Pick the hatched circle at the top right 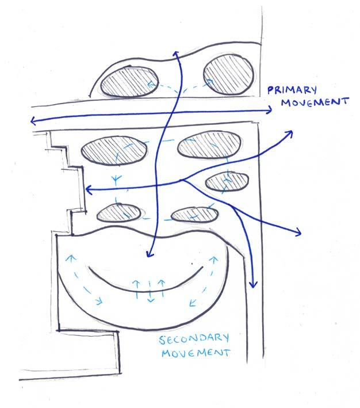pyautogui.click(x=229, y=75)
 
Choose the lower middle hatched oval pyautogui.click(x=194, y=215)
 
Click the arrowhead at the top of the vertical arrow pyautogui.click(x=175, y=53)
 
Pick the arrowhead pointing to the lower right pyautogui.click(x=298, y=232)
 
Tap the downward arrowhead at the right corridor pyautogui.click(x=252, y=284)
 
